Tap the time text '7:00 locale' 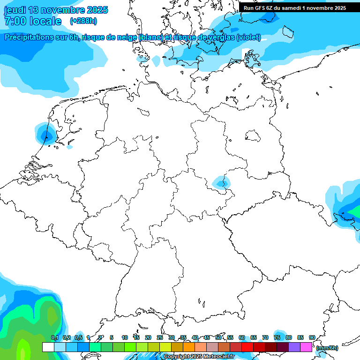(33, 21)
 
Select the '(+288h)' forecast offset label (83, 21)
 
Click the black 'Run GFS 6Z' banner (294, 7)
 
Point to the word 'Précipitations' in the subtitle (31, 37)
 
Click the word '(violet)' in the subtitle (248, 37)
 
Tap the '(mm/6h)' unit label (327, 348)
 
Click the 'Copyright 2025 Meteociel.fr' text (199, 357)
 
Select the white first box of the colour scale (48, 347)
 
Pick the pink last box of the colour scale (306, 347)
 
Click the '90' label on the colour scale (312, 337)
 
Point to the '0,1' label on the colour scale (55, 337)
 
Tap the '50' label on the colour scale (218, 337)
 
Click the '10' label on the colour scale (125, 337)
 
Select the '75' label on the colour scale (277, 337)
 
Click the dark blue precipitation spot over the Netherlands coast (46, 136)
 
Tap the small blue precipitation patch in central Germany (219, 181)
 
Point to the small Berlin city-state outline (253, 136)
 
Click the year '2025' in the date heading (96, 10)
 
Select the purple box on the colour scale (294, 347)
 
